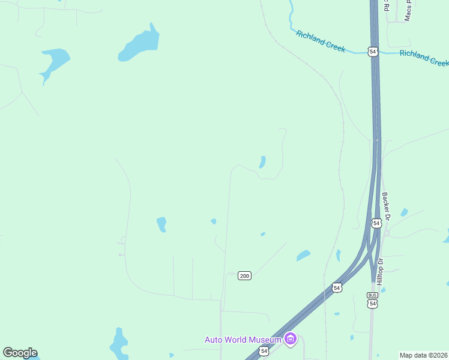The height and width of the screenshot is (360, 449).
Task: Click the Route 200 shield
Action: click(244, 275)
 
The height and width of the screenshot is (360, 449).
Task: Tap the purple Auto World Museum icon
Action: click(291, 340)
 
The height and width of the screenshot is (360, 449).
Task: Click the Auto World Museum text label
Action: click(243, 340)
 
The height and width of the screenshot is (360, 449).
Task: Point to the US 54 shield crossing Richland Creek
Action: click(373, 52)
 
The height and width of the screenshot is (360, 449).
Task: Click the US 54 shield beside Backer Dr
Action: click(376, 223)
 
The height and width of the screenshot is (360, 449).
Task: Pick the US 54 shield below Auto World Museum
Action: click(264, 350)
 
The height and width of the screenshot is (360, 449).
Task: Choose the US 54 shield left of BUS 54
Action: click(337, 288)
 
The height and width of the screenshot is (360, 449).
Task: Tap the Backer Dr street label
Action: click(387, 206)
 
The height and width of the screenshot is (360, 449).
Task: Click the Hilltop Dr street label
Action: click(379, 271)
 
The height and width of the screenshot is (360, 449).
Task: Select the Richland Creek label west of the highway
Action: click(321, 41)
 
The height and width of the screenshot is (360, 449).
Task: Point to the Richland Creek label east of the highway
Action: click(424, 58)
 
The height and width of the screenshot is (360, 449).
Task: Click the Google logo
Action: click(20, 353)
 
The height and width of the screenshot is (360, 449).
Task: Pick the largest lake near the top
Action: click(140, 44)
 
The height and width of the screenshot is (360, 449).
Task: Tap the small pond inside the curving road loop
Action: click(262, 162)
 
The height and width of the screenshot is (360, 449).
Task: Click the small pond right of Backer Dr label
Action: click(404, 212)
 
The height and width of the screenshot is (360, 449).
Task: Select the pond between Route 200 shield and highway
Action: click(303, 256)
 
